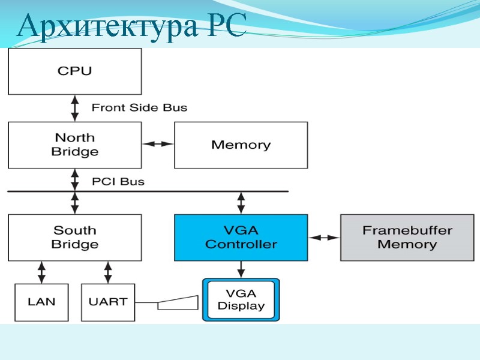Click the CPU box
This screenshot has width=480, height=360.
74,71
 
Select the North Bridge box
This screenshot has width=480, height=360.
74,145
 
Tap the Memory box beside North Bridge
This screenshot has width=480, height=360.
241,145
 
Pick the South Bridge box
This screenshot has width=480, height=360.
74,237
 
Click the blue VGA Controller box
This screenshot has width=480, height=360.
241,237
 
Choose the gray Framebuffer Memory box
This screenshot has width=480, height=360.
407,237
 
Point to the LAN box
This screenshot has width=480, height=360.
41,301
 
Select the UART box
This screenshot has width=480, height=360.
107,301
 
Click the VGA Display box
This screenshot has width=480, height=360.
241,300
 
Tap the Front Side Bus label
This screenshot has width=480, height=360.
139,108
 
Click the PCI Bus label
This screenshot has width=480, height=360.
118,181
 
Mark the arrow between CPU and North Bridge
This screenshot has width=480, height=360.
75,108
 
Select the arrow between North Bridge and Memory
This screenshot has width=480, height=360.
158,144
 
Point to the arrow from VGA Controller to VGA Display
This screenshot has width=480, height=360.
241,269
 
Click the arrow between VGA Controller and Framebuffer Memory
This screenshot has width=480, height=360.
324,238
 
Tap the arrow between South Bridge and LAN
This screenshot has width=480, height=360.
41,272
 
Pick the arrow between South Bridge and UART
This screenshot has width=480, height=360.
108,272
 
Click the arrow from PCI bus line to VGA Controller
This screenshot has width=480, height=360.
241,203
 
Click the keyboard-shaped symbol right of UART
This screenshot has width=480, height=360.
178,302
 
